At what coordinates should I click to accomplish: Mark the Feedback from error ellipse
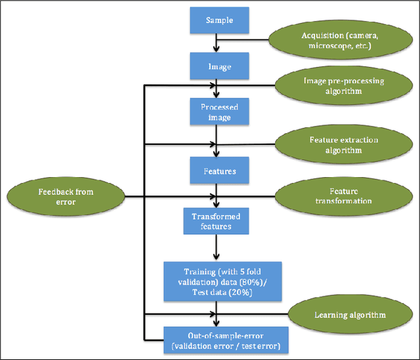[65, 196]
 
